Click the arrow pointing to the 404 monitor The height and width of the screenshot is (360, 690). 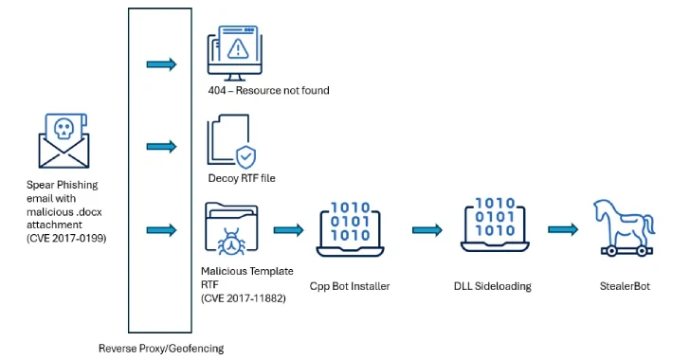pos(161,63)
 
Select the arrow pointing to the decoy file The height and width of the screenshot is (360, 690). pos(161,146)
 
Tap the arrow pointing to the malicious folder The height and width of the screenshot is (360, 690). pos(161,230)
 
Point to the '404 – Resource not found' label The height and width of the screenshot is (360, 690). pos(268,91)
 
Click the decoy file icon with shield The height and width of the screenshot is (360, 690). pos(230,141)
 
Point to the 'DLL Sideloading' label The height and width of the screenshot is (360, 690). pos(493,284)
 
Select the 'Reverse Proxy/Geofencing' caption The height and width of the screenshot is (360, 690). pos(161,348)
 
